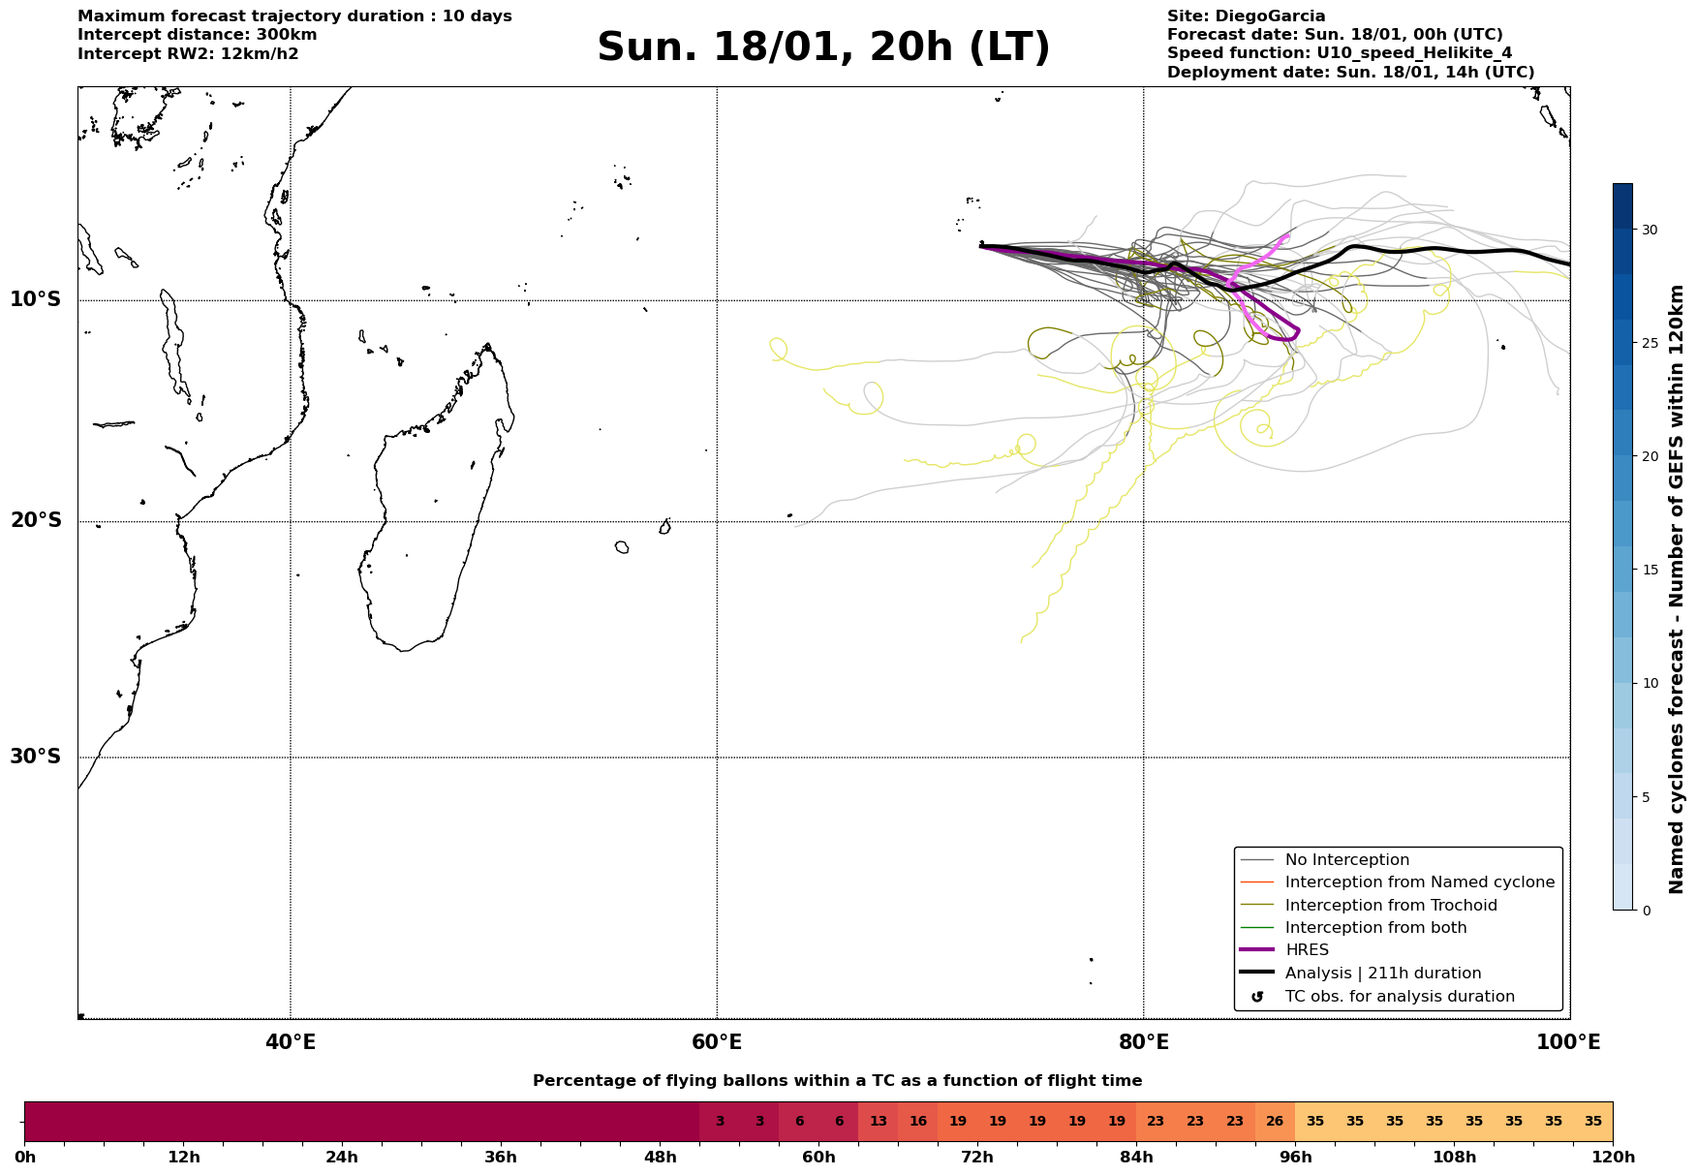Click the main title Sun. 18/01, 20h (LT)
click(x=823, y=47)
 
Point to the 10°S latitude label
click(x=36, y=299)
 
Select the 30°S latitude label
click(x=36, y=757)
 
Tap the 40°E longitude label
click(x=291, y=1043)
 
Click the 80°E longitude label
click(x=1144, y=1043)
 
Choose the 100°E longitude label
click(x=1569, y=1043)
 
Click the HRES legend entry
click(x=1306, y=950)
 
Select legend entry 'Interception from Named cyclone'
click(x=1419, y=882)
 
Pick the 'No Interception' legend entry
click(x=1346, y=860)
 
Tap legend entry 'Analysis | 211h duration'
click(x=1382, y=974)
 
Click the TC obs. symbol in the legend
click(x=1257, y=997)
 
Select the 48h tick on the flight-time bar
click(x=661, y=1157)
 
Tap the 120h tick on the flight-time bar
click(x=1613, y=1157)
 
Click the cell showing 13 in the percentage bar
click(x=879, y=1122)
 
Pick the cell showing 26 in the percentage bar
click(x=1275, y=1122)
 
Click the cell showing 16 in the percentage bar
click(x=918, y=1122)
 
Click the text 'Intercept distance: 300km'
click(x=198, y=35)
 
